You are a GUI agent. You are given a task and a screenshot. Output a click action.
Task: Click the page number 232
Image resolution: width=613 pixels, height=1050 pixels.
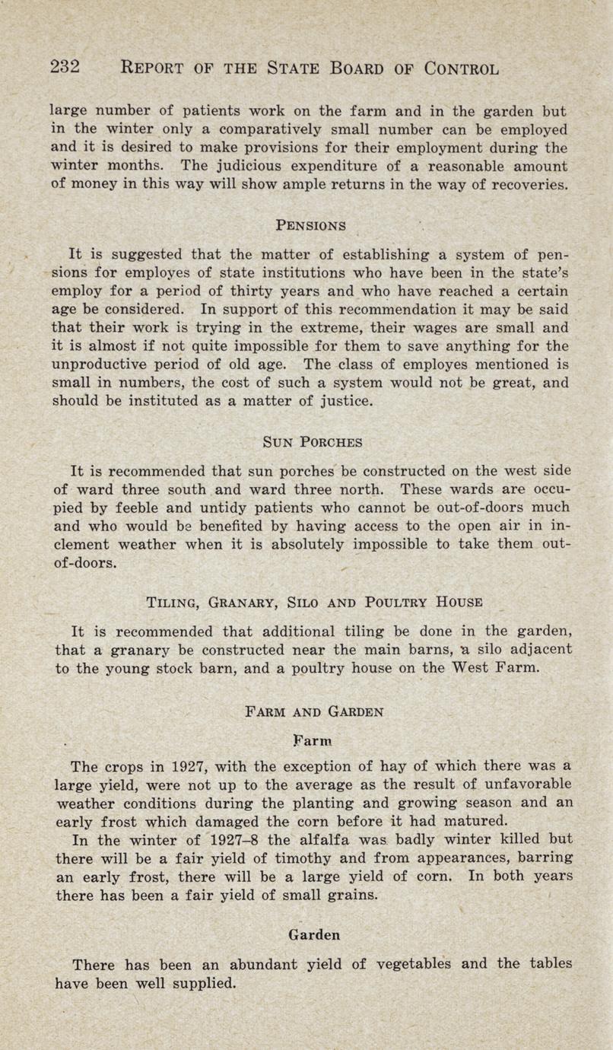(65, 66)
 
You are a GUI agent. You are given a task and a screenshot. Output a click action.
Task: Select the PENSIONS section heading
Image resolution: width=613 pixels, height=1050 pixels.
(311, 225)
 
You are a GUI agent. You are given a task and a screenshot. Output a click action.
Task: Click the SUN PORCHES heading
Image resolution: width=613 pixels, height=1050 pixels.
(312, 441)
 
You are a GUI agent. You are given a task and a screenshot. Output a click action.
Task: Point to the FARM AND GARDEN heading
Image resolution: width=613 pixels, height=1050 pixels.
(315, 712)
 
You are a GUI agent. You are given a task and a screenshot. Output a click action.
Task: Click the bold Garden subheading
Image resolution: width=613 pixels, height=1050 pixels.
(315, 934)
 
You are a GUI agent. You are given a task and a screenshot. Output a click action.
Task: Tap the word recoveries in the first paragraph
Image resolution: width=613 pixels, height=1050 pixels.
(531, 185)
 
